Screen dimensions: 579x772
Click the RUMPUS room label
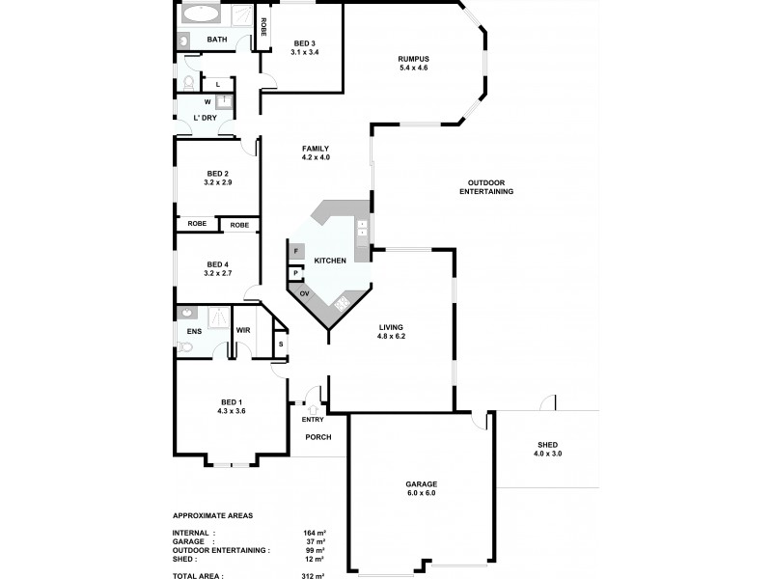click(x=412, y=59)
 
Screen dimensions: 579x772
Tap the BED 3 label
click(x=304, y=43)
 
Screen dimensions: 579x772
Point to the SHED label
click(x=548, y=445)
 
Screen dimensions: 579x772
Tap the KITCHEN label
click(x=329, y=261)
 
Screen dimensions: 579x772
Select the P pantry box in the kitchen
click(x=294, y=273)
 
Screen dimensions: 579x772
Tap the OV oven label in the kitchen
click(x=304, y=293)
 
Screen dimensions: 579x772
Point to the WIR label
click(x=243, y=330)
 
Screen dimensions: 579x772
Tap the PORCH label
click(x=317, y=437)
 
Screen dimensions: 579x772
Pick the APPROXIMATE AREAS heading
click(x=212, y=515)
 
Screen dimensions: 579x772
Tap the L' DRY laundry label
click(x=205, y=118)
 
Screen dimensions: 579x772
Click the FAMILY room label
click(x=316, y=152)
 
